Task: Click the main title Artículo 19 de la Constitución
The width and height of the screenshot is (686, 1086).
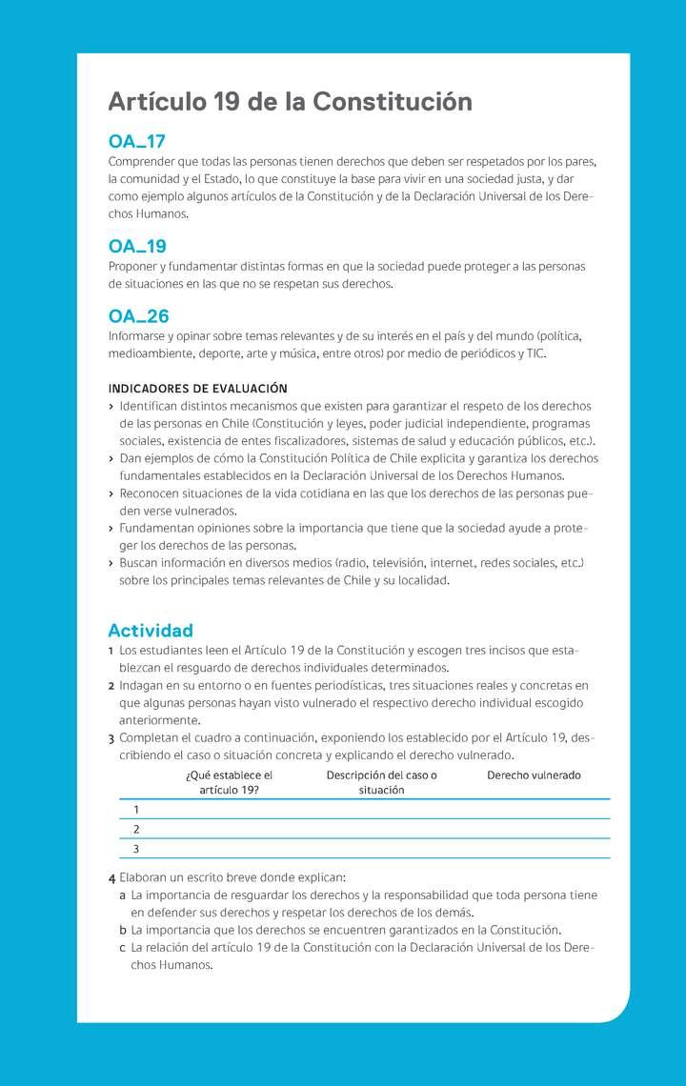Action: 290,102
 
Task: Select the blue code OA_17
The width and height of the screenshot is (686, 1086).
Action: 137,142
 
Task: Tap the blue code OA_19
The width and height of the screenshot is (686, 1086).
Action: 137,247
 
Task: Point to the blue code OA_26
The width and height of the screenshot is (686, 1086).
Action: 138,316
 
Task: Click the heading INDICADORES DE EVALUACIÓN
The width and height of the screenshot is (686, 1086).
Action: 197,389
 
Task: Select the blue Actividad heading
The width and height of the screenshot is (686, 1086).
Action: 151,631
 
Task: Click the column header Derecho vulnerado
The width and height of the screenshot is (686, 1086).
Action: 534,775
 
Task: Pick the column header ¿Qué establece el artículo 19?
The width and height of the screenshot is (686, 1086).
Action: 229,782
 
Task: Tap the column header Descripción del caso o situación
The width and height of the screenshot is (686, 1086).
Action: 381,782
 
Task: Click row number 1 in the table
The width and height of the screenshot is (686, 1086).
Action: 136,810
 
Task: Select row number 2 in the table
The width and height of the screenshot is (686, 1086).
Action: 136,829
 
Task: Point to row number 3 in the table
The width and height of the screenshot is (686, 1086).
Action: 136,849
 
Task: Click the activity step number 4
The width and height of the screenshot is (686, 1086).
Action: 112,878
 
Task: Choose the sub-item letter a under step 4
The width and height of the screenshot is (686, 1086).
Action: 123,895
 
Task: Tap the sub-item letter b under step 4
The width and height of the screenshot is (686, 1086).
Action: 123,930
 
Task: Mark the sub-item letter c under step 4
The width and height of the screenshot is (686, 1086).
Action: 123,948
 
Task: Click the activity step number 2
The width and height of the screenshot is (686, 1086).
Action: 111,686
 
